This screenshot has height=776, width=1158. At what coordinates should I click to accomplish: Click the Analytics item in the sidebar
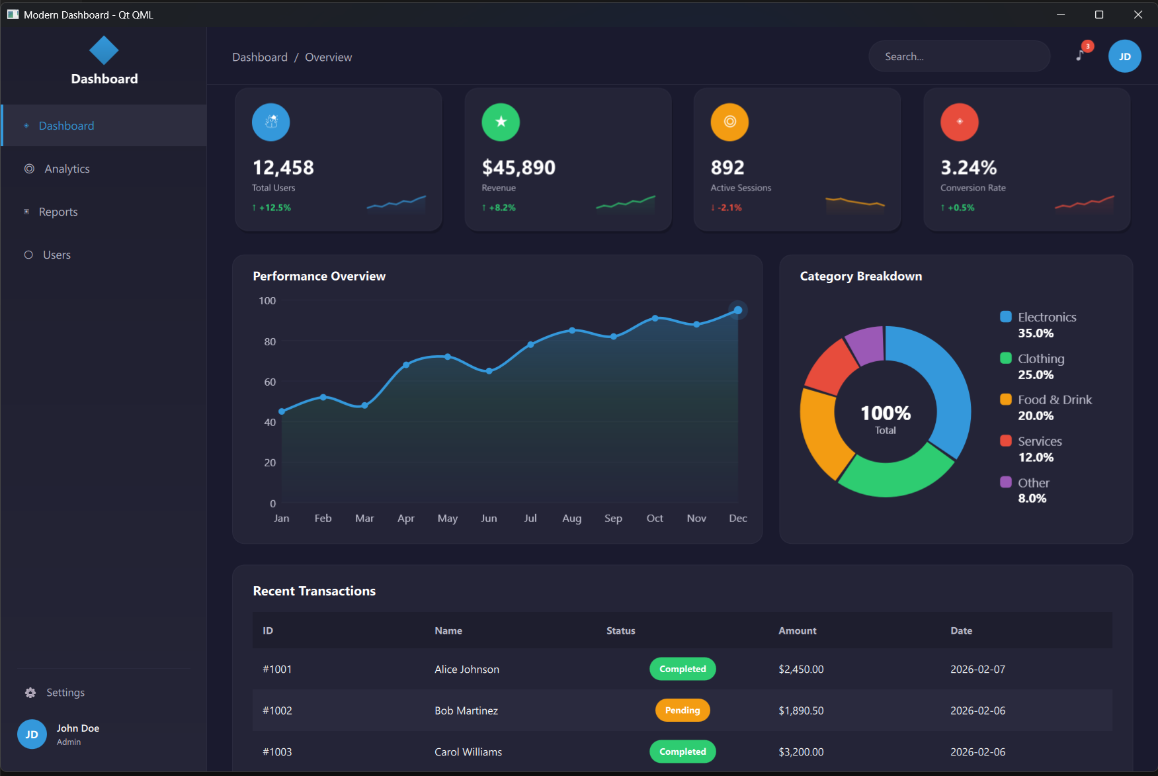[x=67, y=169]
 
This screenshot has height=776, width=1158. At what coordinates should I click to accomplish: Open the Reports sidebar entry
[x=58, y=212]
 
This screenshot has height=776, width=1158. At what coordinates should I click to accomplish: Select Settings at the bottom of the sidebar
[x=65, y=693]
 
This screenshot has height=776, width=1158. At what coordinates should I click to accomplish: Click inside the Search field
[x=959, y=57]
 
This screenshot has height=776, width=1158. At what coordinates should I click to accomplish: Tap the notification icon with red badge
[x=1081, y=54]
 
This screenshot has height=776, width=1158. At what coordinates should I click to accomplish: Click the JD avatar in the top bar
[x=1124, y=57]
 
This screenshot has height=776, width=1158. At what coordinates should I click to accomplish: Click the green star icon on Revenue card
[x=501, y=122]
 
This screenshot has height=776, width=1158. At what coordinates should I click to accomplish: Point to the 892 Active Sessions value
[x=727, y=167]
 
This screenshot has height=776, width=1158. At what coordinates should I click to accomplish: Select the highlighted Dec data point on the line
[x=738, y=310]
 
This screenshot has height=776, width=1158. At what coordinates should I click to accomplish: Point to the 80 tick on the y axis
[x=270, y=341]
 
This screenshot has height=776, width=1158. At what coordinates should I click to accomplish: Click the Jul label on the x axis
[x=530, y=518]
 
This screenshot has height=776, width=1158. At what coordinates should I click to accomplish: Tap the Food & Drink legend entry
[x=1054, y=400]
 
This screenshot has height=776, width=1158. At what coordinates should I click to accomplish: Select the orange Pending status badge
[x=682, y=711]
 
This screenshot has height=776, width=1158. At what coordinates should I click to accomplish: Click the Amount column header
[x=797, y=630]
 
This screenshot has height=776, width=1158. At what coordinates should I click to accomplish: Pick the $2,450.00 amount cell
[x=801, y=669]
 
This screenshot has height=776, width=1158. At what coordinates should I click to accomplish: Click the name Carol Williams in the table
[x=468, y=752]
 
